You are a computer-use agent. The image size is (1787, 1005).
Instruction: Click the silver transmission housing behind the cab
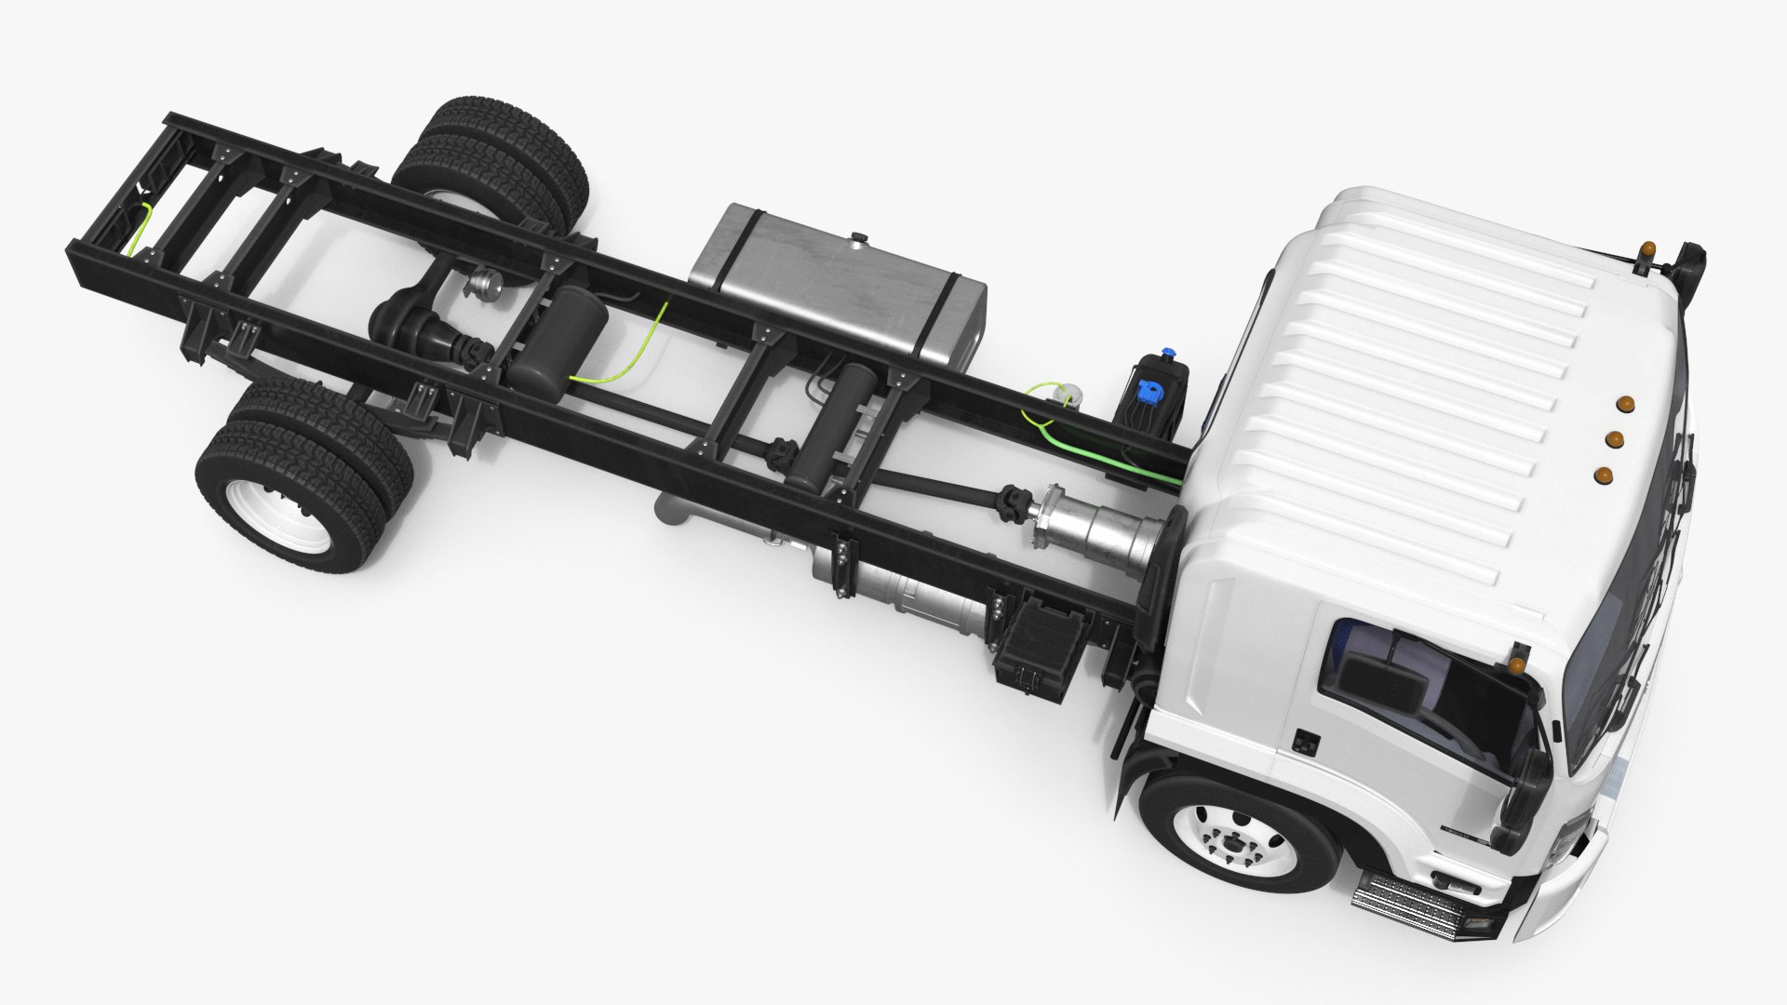[1098, 530]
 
